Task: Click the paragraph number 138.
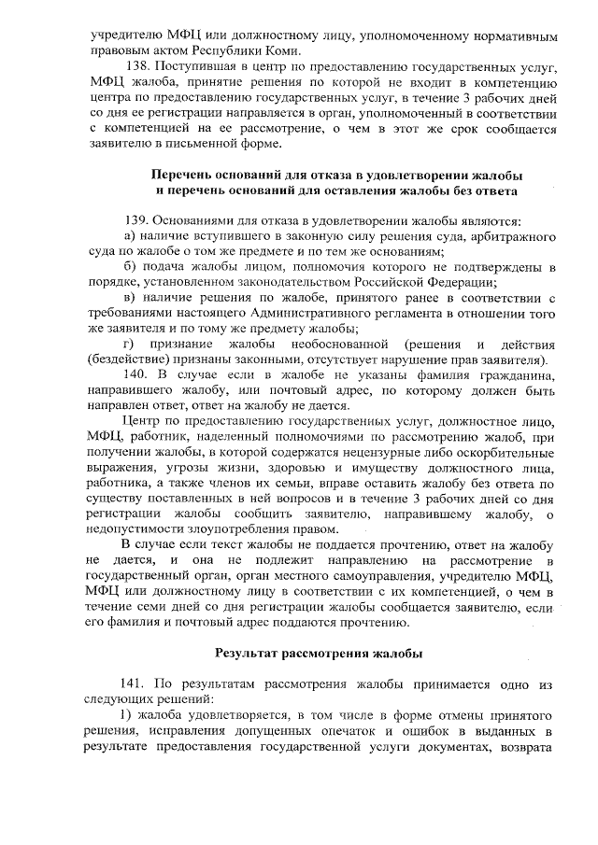(137, 68)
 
